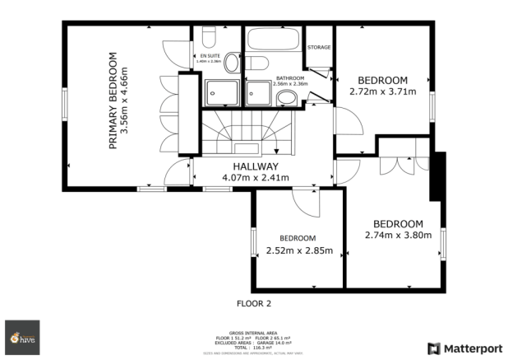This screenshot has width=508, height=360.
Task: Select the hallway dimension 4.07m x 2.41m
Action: tap(256, 177)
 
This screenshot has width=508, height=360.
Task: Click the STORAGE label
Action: tap(319, 48)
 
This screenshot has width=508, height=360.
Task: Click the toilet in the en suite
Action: tap(208, 37)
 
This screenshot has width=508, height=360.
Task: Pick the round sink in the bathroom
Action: tap(288, 99)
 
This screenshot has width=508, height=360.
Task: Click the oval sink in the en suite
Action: tap(233, 63)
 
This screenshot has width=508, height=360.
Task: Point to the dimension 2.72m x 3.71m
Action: tap(383, 91)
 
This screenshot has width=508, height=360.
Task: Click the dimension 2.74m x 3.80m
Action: tap(398, 234)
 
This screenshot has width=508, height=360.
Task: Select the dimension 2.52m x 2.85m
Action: tap(298, 250)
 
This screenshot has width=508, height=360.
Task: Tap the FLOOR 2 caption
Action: tap(254, 303)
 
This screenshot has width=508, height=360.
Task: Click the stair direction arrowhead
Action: tap(276, 150)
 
